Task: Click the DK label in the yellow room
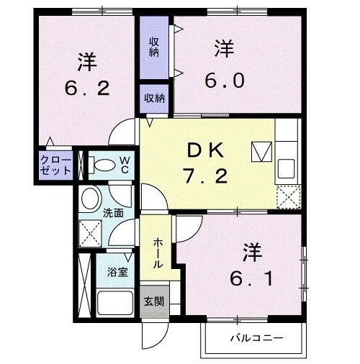coord(208,150)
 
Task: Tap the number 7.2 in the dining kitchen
coord(208,175)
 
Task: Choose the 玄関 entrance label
coord(153,301)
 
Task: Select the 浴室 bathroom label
coord(117,273)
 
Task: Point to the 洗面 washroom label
coord(112,213)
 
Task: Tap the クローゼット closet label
coord(55,165)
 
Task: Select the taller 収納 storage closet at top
coord(154,47)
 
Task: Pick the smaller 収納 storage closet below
coord(153,98)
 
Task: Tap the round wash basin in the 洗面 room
coord(90,198)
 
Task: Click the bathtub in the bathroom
coord(114,303)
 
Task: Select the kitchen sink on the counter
coord(286,166)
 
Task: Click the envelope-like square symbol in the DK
coord(260,151)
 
